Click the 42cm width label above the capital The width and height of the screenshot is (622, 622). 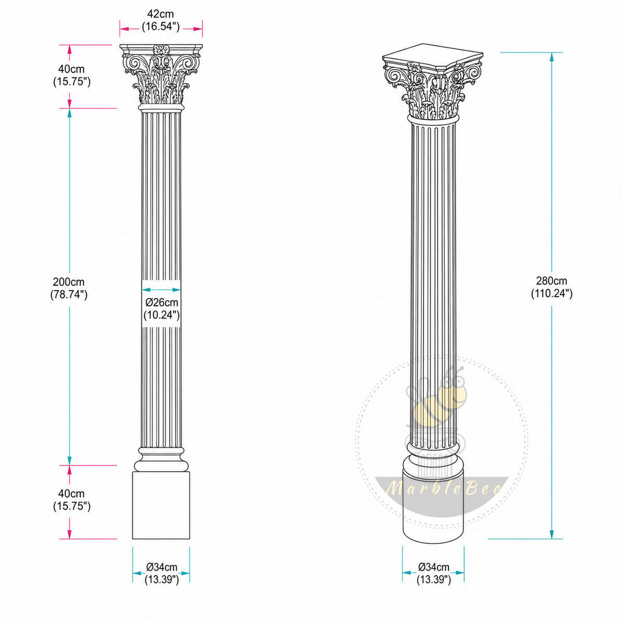coord(160,14)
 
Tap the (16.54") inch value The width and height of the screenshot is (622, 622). coord(161,26)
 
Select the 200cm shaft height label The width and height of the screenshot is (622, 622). coord(69,282)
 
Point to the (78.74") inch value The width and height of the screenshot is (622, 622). coord(69,294)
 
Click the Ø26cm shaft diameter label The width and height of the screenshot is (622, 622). coord(162,302)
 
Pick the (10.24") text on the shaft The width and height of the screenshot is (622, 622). coord(161,315)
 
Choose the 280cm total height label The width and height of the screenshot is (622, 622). coord(552,280)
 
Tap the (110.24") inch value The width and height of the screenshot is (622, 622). coord(552,293)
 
